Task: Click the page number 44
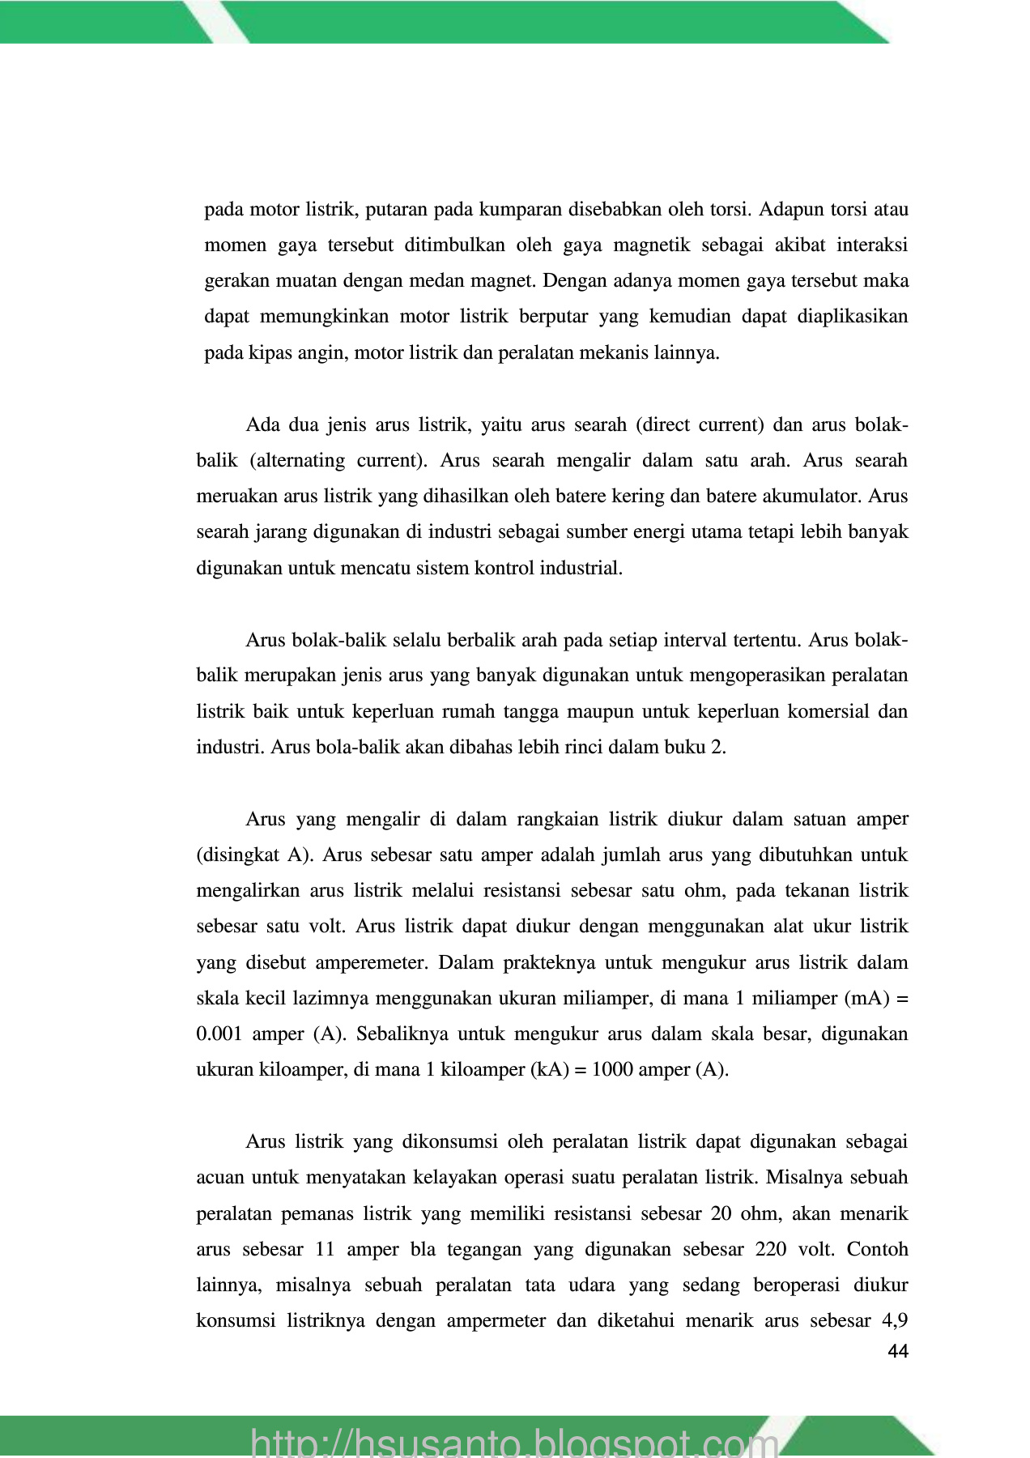(x=898, y=1351)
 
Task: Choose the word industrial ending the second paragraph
(x=582, y=568)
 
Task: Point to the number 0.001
(x=219, y=1034)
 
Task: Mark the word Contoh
(x=877, y=1249)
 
